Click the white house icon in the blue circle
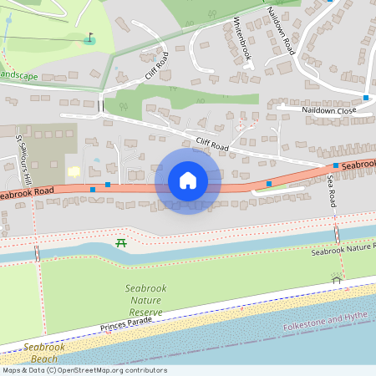188,180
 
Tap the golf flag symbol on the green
90,38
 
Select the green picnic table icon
121,242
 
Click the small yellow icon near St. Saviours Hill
74,172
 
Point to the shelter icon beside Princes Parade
337,280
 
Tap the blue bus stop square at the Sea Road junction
335,166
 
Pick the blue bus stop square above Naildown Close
366,98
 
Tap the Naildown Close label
328,109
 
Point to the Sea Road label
332,191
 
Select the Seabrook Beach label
39,352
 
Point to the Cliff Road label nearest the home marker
211,145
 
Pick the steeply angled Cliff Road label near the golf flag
156,64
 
